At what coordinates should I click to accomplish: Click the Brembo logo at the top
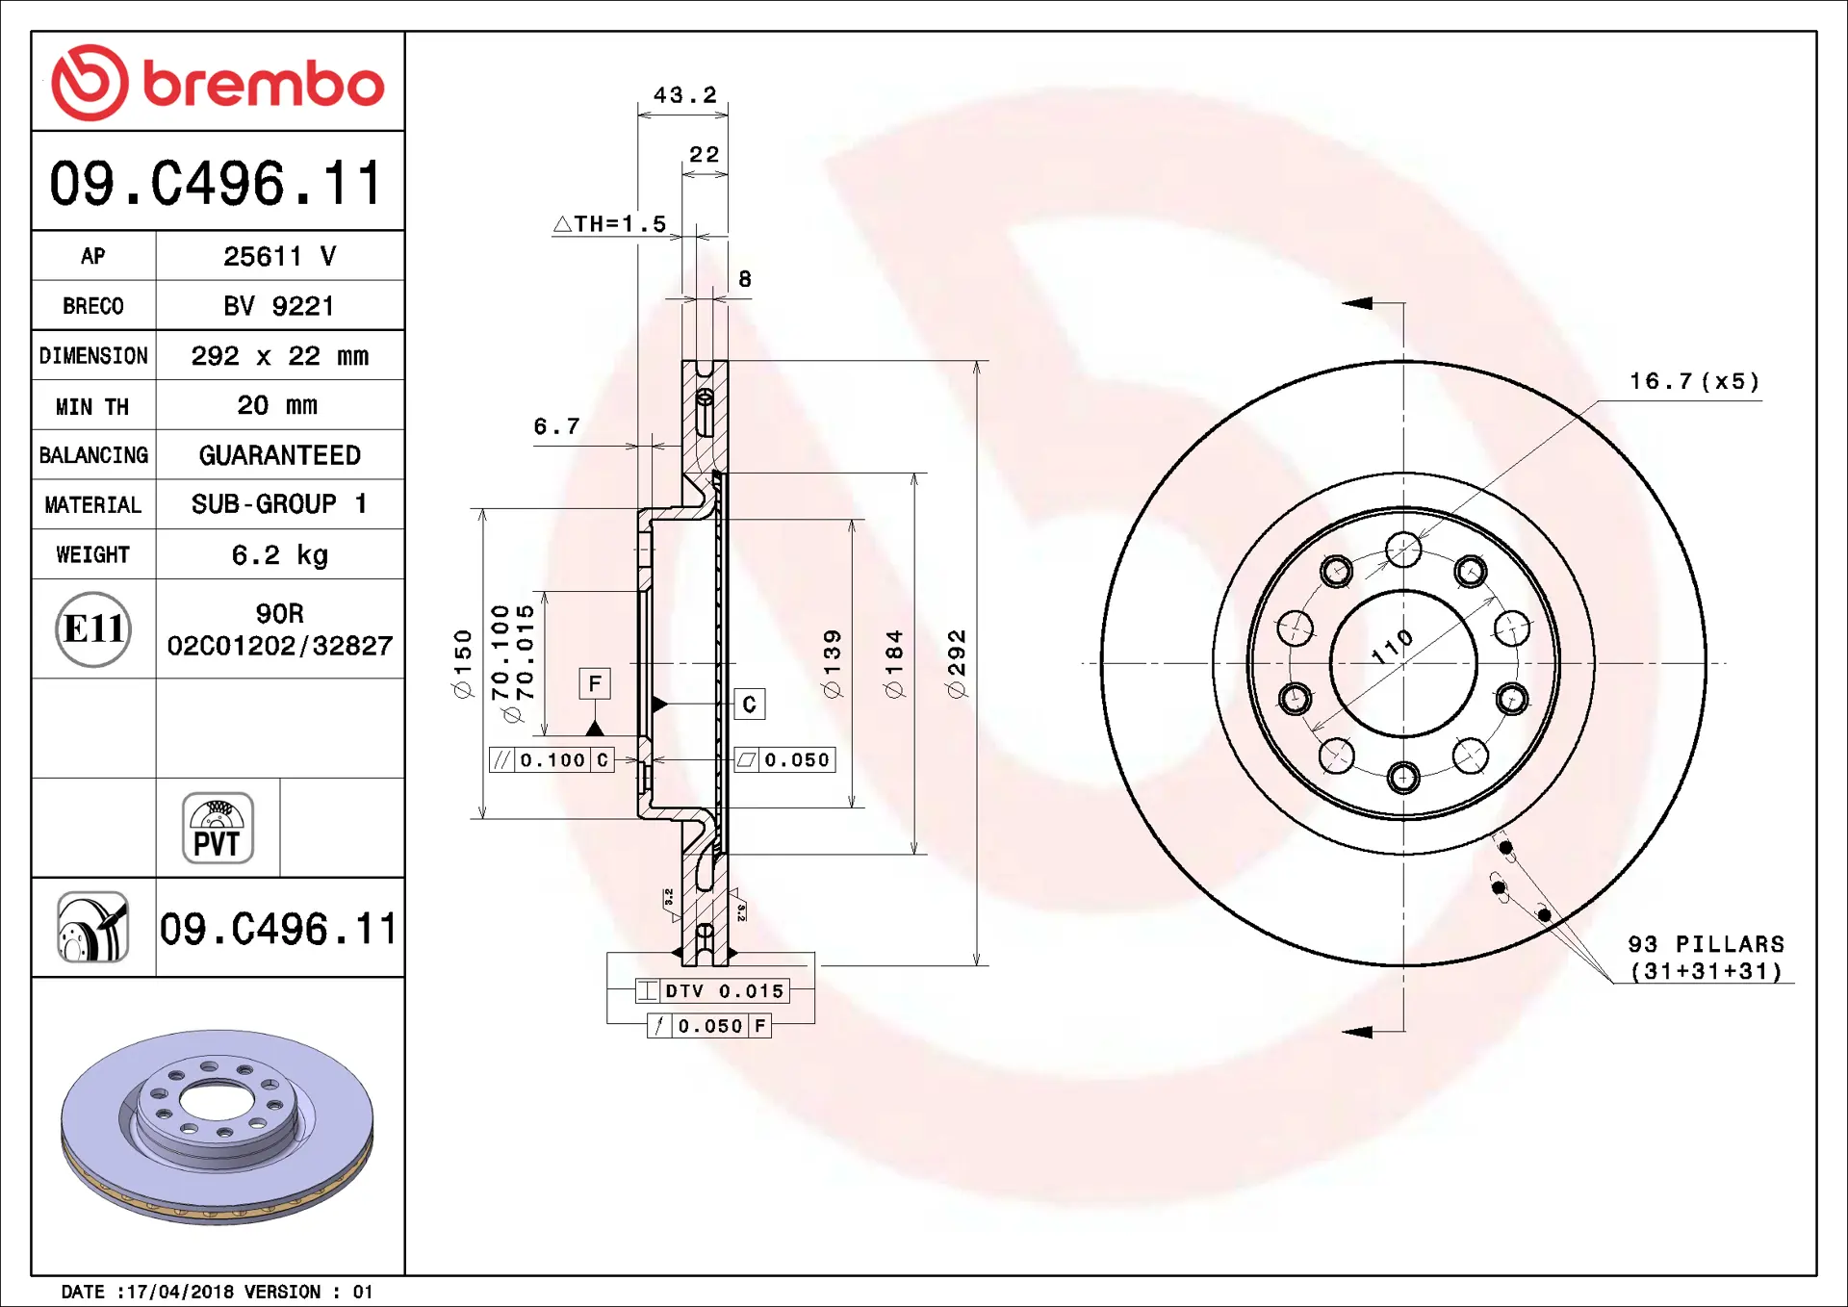tap(218, 83)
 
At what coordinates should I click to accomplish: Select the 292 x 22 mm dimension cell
tap(280, 356)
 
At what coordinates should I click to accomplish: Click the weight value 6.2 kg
tap(280, 555)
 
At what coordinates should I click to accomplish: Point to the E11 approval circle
tap(93, 629)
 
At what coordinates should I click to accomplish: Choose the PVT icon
tap(218, 828)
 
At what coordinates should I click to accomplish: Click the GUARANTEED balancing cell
tap(280, 455)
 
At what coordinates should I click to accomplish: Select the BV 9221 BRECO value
tap(279, 306)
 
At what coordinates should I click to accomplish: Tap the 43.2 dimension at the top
tap(685, 95)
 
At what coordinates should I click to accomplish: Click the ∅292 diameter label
tap(956, 663)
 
